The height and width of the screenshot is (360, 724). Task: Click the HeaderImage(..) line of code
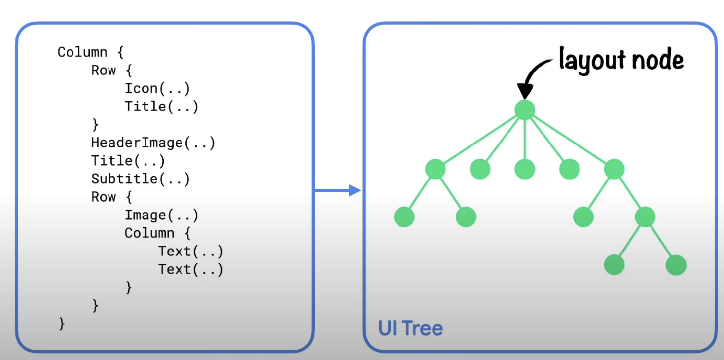click(x=153, y=143)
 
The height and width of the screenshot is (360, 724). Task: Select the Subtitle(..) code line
click(x=141, y=179)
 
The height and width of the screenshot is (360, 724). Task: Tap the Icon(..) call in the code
click(x=157, y=89)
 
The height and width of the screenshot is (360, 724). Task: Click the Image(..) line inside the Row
click(x=161, y=215)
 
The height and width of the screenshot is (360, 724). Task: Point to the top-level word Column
click(x=82, y=52)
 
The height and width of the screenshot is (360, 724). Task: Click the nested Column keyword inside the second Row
click(x=149, y=233)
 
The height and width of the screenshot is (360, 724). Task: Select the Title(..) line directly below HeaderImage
click(x=128, y=161)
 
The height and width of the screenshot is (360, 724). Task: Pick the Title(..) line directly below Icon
click(x=161, y=107)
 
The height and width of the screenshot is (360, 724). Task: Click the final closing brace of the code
click(x=62, y=324)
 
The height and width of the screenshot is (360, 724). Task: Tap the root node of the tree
click(x=525, y=110)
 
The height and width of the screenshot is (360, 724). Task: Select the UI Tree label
click(x=410, y=328)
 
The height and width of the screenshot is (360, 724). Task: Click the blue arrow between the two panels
click(x=337, y=190)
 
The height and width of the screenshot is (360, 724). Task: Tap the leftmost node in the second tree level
click(x=435, y=169)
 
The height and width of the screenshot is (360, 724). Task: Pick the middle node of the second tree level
click(x=525, y=169)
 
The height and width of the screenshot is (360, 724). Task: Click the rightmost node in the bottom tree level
click(x=676, y=265)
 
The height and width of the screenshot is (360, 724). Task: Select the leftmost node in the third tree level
click(x=404, y=216)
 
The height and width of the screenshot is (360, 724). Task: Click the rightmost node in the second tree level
click(x=614, y=169)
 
